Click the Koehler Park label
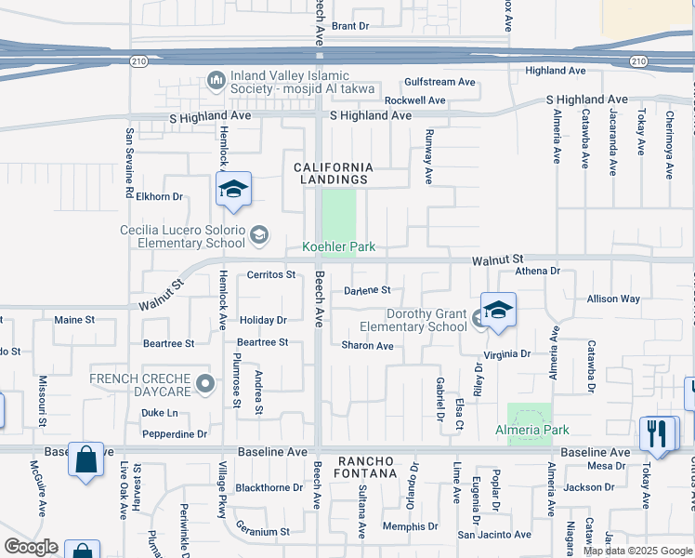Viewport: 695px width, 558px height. pos(338,247)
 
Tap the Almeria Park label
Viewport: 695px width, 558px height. pos(531,430)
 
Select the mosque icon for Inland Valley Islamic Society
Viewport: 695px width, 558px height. pos(216,81)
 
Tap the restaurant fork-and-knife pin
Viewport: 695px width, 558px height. pos(657,432)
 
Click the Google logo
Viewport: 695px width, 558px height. pos(31,547)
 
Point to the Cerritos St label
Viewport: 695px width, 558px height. pos(270,274)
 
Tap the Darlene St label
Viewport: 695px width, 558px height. pos(367,290)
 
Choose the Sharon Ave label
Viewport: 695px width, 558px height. pos(367,346)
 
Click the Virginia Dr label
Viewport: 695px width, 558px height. pos(506,354)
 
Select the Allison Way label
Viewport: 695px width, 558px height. pos(613,299)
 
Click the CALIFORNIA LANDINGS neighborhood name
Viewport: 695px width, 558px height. pos(334,173)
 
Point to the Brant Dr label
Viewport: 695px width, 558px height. pos(350,26)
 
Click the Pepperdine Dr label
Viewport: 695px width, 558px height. pos(175,434)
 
